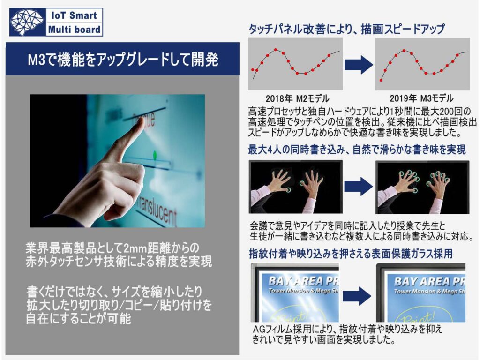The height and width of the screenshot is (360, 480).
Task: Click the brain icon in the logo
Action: click(x=27, y=22)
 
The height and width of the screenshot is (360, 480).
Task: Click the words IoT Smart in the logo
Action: click(x=74, y=15)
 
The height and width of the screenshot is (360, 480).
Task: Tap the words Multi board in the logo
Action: click(x=74, y=30)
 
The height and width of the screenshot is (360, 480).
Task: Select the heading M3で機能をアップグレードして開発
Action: click(x=123, y=59)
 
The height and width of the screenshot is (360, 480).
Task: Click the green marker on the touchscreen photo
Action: click(x=155, y=155)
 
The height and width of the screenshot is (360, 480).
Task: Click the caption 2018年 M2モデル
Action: click(x=297, y=98)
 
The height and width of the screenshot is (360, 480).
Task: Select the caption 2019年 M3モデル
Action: click(x=421, y=98)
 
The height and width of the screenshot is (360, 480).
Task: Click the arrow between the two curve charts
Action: click(x=359, y=65)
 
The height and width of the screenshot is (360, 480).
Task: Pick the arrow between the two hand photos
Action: click(x=359, y=187)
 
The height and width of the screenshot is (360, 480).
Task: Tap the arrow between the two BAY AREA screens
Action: click(x=357, y=296)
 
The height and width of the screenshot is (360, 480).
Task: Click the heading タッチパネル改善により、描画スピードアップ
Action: click(x=346, y=29)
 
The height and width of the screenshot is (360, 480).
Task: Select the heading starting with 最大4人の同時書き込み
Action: click(x=357, y=150)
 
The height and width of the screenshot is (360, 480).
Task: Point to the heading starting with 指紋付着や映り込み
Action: click(x=351, y=254)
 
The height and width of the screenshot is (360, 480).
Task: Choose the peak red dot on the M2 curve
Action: click(x=276, y=50)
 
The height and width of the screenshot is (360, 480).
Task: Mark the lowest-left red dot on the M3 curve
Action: click(x=381, y=80)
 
